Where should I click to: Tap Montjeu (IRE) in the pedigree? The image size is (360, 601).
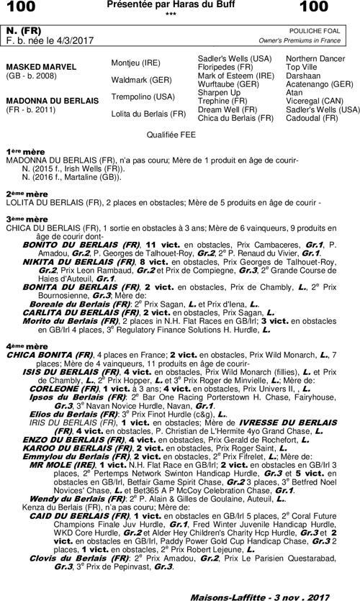click(136, 63)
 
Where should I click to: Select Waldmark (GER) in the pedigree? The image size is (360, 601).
click(140, 79)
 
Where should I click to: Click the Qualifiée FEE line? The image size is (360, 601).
click(170, 134)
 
